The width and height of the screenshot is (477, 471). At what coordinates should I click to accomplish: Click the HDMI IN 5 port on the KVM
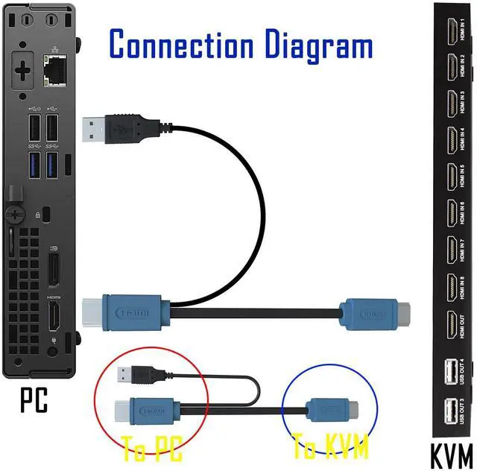pos(452,177)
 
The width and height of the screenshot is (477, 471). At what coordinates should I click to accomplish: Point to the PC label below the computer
pos(34,400)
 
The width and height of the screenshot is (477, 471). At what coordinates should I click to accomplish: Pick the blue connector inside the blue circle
pos(329,409)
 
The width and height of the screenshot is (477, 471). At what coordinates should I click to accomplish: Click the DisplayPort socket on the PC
pos(54,269)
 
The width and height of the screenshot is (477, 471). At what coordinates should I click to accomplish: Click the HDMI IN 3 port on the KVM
pos(452,104)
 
